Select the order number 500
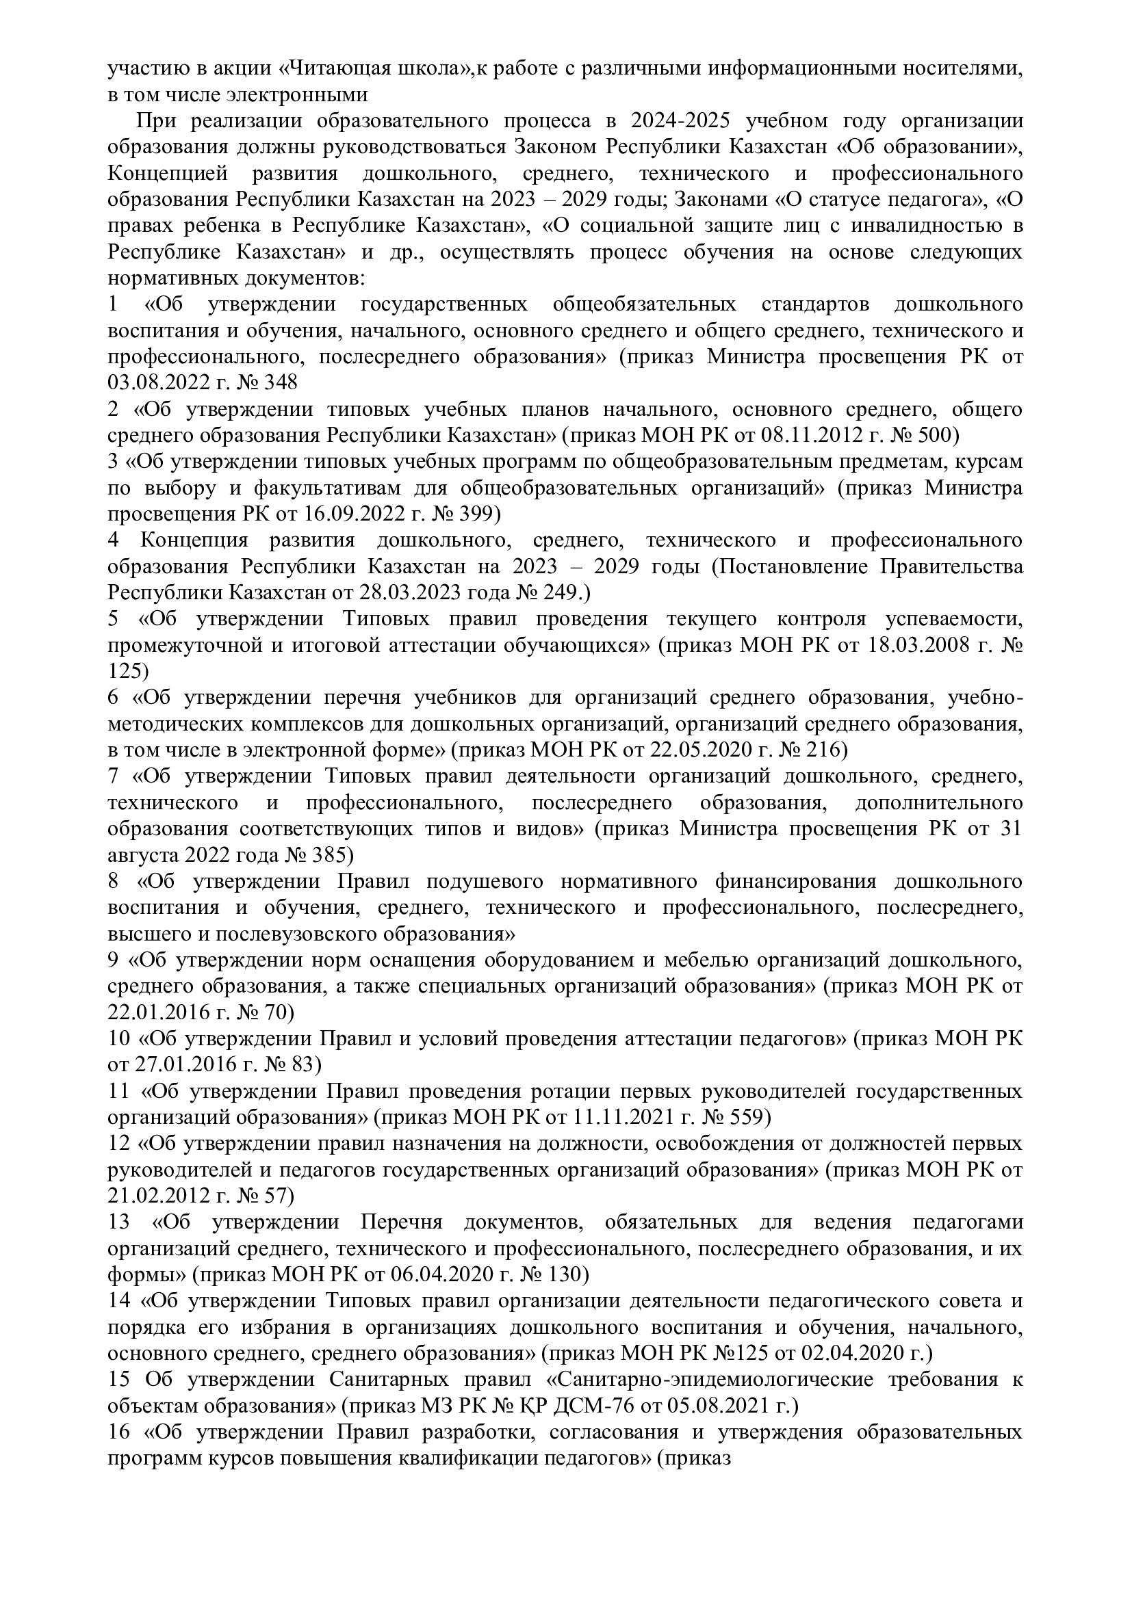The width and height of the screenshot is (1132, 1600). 932,435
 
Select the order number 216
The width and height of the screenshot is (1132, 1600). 824,750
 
